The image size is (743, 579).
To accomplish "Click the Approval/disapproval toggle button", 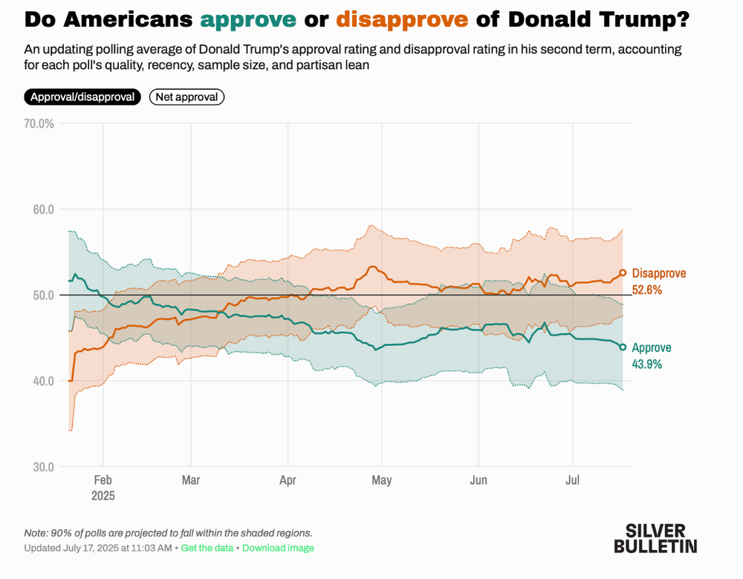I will (82, 97).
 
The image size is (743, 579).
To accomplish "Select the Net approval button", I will (186, 97).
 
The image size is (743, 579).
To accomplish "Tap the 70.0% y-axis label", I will (39, 123).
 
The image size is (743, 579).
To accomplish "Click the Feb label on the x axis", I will (103, 480).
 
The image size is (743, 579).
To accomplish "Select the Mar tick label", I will (191, 480).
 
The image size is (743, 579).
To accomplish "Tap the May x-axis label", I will (381, 480).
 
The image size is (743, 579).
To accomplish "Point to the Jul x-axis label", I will (573, 480).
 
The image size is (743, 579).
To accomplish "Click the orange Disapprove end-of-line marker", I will (623, 273).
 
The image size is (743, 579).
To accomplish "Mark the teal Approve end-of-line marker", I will (623, 347).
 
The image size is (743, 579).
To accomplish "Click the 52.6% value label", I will (647, 289).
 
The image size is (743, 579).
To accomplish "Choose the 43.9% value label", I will (647, 364).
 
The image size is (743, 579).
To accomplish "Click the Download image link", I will (278, 548).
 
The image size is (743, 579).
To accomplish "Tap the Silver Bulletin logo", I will (655, 538).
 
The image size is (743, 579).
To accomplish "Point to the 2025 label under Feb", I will (103, 495).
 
